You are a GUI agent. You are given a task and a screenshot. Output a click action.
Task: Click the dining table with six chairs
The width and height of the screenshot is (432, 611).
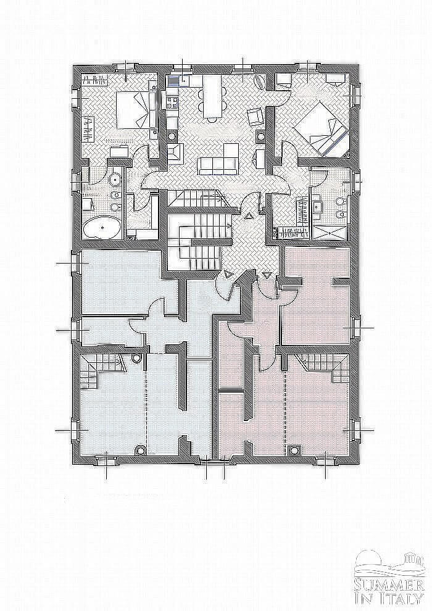point(212,96)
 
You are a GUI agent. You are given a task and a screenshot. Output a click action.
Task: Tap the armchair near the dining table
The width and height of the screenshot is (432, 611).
point(255,116)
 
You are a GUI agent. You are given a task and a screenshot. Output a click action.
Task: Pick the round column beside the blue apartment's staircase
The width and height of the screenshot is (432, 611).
point(136,358)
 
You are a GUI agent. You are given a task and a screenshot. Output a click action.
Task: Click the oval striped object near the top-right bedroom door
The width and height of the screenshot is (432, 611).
point(259,83)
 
